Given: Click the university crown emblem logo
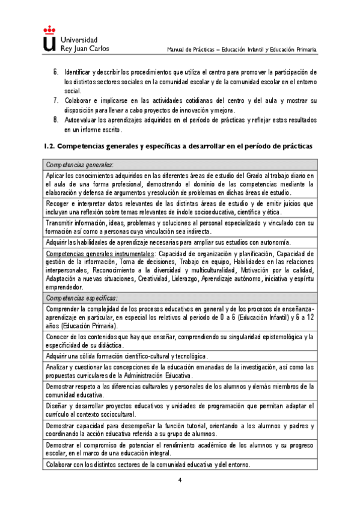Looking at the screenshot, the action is (x=49, y=39).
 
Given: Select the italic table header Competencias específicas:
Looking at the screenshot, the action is (x=82, y=298).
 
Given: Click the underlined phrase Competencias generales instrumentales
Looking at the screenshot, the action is (x=100, y=254).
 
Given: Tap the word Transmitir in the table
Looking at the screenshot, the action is (x=63, y=223).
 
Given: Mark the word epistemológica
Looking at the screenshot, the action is (x=279, y=337).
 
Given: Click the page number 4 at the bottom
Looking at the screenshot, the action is (x=179, y=480).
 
